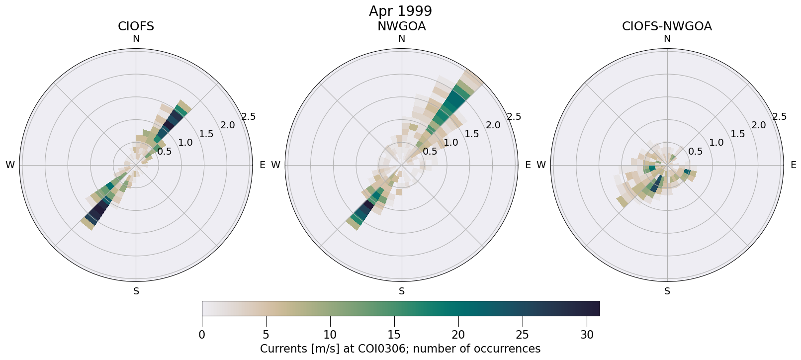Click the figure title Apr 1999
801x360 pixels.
400,11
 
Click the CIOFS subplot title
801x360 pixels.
136,26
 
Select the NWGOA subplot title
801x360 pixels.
401,26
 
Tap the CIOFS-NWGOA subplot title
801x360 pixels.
667,26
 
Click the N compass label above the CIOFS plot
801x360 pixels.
136,39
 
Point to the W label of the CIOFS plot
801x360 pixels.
10,165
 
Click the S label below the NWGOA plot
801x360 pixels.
402,291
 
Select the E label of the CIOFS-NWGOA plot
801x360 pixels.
793,165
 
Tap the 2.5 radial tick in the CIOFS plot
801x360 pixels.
249,117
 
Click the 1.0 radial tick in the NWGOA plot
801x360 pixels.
451,143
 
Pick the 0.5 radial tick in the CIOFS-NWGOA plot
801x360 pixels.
696,152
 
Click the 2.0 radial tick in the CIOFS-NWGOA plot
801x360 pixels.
759,125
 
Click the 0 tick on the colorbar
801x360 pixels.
202,335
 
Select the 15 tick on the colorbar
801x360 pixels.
394,335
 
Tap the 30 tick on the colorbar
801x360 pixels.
587,335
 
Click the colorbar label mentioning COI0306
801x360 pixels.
400,349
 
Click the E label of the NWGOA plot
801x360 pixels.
528,165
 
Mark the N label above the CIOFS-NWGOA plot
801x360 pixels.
667,39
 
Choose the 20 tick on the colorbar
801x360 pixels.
458,335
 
